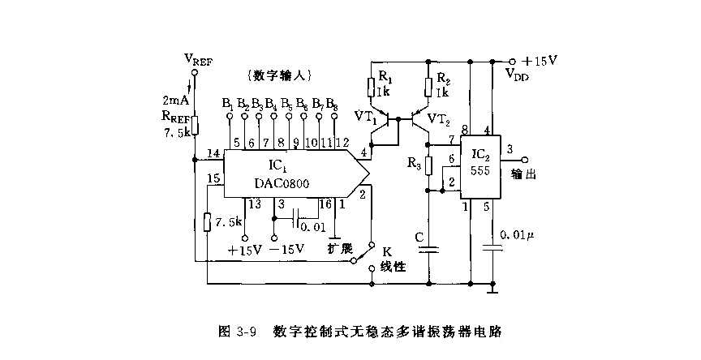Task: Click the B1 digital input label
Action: click(x=228, y=104)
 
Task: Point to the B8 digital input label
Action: click(x=333, y=104)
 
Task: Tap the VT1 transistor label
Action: click(x=365, y=117)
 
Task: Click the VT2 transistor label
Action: click(x=438, y=119)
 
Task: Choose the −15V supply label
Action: click(x=286, y=250)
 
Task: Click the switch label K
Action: click(x=387, y=251)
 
